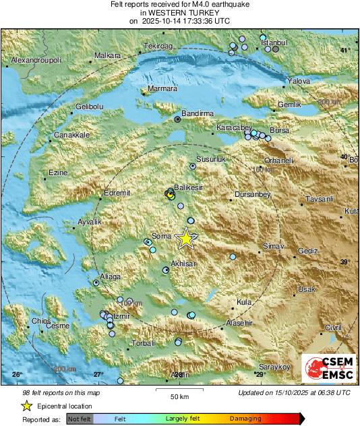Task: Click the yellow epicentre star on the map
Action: (x=185, y=238)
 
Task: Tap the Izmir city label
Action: (x=121, y=315)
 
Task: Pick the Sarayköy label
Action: (x=275, y=366)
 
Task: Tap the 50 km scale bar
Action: (x=179, y=390)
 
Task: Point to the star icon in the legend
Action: (x=26, y=406)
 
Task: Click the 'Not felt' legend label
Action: (x=80, y=419)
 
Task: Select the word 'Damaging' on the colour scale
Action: (x=245, y=419)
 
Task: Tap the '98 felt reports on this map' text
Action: (x=61, y=393)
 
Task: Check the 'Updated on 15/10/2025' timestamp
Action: (x=294, y=393)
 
